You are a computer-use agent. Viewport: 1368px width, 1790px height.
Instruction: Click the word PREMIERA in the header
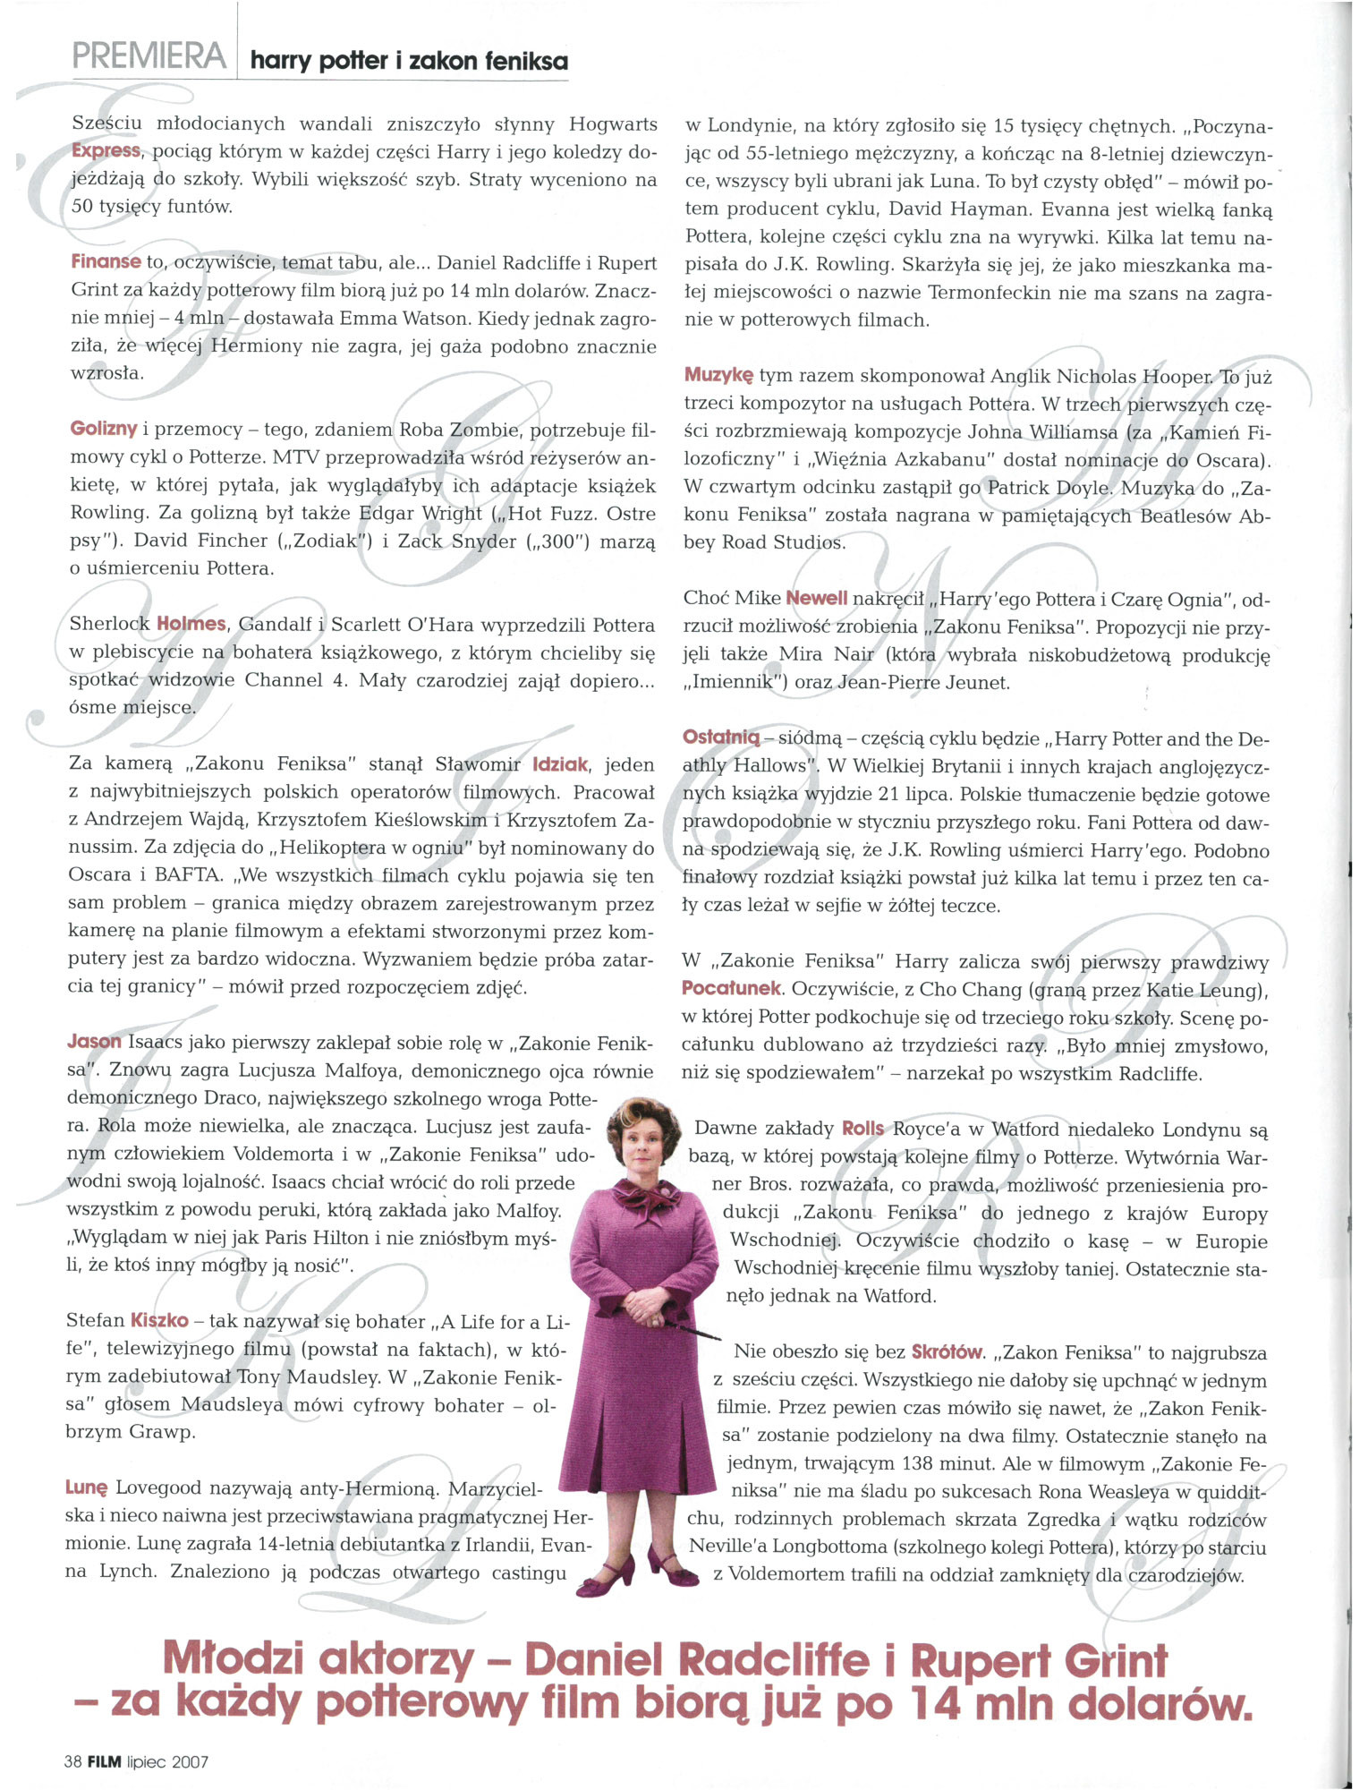point(149,56)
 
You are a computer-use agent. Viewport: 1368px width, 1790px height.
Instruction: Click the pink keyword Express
point(106,150)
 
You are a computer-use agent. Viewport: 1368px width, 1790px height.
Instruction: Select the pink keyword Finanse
point(106,262)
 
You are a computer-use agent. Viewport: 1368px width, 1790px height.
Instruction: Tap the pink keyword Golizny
point(103,429)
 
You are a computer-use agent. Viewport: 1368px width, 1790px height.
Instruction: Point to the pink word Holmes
point(191,624)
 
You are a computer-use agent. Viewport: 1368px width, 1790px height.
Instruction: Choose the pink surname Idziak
point(560,764)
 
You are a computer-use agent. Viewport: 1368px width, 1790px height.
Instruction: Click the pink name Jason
point(94,1042)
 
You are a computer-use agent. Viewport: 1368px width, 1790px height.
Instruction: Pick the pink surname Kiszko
point(159,1320)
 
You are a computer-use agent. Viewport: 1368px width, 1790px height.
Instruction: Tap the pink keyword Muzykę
point(718,375)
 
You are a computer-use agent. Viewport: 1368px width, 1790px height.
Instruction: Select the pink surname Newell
point(816,598)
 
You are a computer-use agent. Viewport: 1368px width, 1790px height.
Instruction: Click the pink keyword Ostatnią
point(720,737)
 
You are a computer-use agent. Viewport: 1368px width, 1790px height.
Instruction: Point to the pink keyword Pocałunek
point(732,989)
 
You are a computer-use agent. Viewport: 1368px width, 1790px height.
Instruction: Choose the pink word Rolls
point(862,1129)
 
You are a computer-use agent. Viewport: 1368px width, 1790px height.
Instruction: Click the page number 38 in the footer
point(72,1762)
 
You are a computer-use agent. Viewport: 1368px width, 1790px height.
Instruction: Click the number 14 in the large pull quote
point(939,1705)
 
